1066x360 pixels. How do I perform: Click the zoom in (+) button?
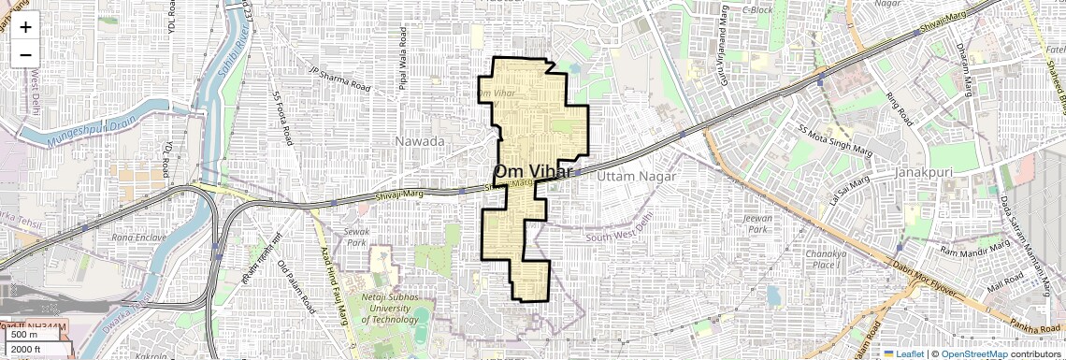25,28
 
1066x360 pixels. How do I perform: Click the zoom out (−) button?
25,54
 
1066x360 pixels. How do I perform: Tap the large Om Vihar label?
533,172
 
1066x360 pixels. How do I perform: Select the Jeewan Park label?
756,223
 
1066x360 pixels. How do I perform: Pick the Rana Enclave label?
137,238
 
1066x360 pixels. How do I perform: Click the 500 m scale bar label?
24,335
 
